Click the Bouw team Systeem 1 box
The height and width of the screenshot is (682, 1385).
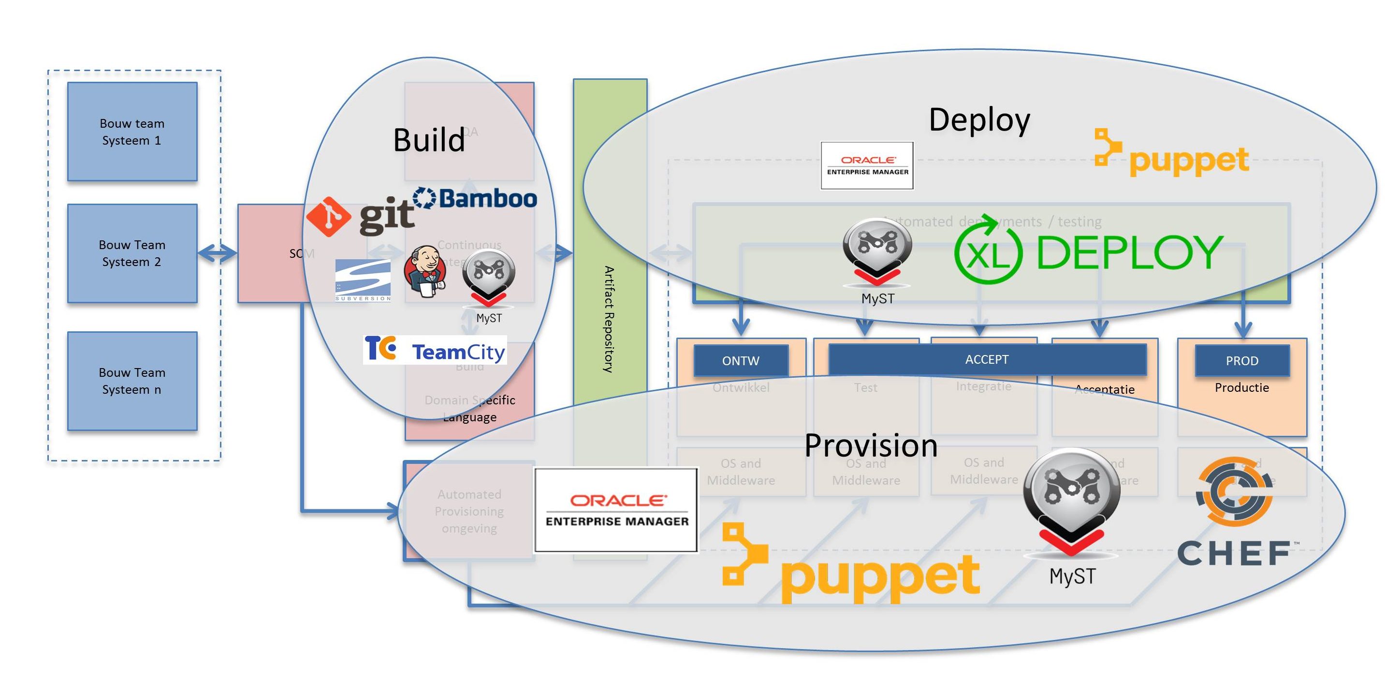click(132, 132)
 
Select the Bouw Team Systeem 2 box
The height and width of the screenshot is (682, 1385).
click(132, 253)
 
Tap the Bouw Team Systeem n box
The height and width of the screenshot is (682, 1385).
click(132, 381)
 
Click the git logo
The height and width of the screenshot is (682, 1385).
click(360, 216)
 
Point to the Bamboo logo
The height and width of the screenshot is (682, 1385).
click(475, 198)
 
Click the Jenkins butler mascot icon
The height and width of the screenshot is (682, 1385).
click(425, 271)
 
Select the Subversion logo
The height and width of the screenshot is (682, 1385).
click(363, 280)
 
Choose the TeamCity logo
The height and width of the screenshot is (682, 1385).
click(435, 350)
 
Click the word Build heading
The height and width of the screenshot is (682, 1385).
click(429, 140)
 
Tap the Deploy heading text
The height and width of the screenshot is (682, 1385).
click(979, 120)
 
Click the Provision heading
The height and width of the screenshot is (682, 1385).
click(871, 446)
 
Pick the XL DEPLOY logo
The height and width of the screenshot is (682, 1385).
click(1089, 252)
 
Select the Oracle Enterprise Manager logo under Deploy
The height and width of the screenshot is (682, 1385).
click(867, 165)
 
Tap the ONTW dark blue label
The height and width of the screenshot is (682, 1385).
click(741, 360)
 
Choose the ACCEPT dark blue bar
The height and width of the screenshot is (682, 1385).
click(987, 359)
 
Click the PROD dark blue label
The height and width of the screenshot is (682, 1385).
click(1242, 360)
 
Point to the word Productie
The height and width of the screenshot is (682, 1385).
click(1242, 388)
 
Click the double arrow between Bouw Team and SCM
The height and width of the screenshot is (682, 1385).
click(217, 253)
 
